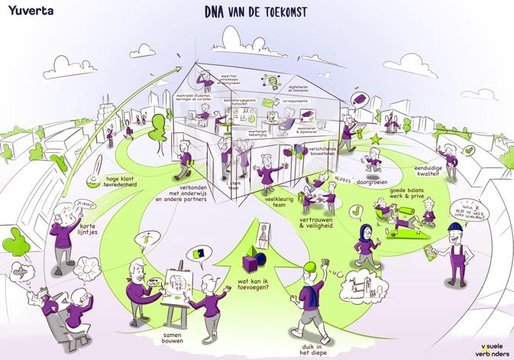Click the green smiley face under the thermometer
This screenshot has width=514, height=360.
[92, 181]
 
